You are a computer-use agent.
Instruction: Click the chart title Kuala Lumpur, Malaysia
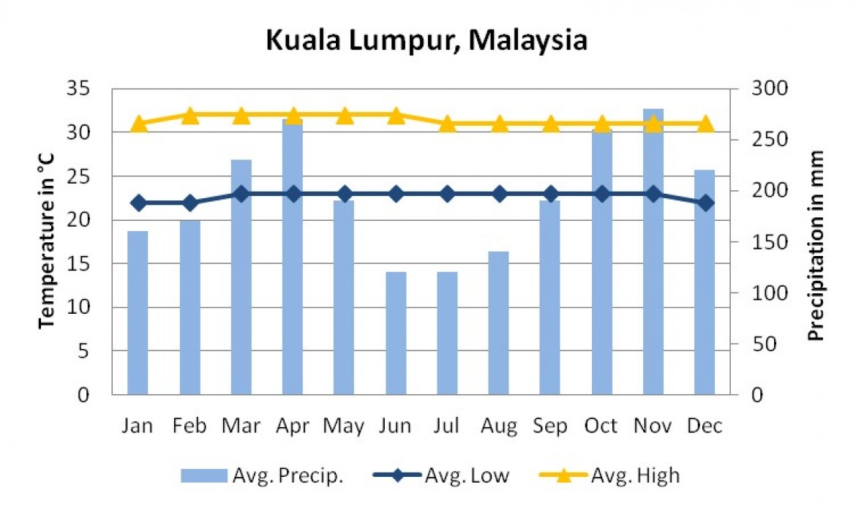point(427,40)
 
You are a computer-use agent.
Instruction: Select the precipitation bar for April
point(293,256)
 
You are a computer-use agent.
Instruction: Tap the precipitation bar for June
point(396,333)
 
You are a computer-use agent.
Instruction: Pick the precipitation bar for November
point(653,252)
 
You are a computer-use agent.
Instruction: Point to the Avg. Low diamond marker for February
point(190,203)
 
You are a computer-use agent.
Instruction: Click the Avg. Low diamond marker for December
point(705,203)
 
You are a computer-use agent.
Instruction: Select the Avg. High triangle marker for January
point(138,124)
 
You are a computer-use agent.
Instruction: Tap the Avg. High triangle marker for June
point(396,115)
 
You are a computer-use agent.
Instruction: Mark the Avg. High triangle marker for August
point(499,124)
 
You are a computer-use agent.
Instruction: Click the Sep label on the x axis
point(550,426)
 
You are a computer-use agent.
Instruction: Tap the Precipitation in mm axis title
point(816,246)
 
